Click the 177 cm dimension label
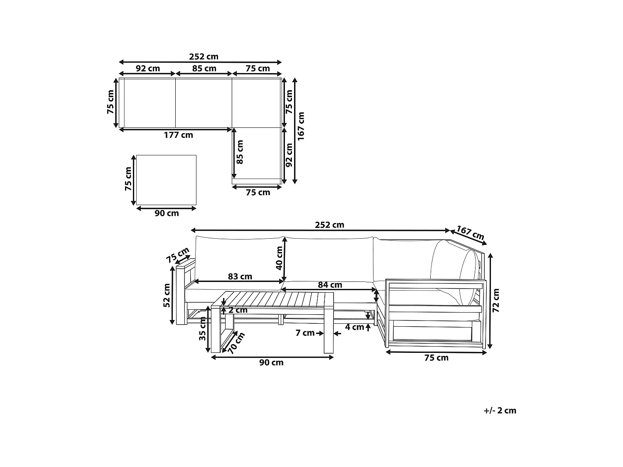[178, 135]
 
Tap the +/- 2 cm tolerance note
[500, 411]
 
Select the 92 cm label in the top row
[147, 68]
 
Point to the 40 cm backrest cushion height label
[279, 258]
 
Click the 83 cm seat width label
[240, 276]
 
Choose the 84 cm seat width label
[330, 285]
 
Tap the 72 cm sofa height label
[495, 301]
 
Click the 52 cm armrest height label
[167, 295]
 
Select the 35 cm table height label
[202, 329]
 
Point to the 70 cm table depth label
[236, 343]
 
